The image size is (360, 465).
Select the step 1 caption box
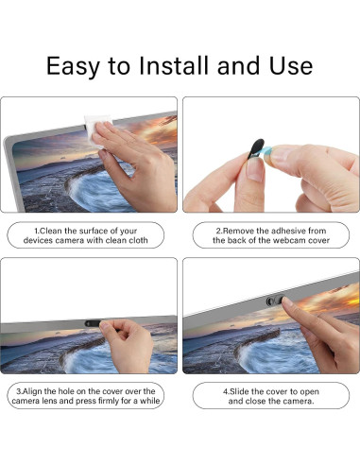pyautogui.click(x=89, y=235)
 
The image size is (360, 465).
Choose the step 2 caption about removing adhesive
pyautogui.click(x=270, y=235)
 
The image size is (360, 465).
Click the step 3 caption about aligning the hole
pyautogui.click(x=89, y=396)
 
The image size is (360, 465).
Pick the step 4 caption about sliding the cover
pyautogui.click(x=270, y=396)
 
